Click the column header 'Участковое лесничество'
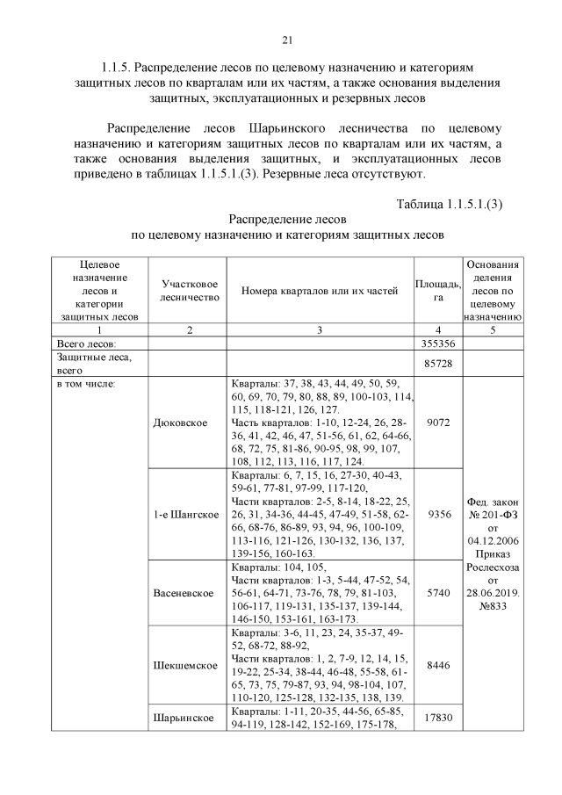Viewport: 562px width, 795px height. [x=188, y=291]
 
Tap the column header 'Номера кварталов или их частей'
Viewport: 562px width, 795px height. [x=320, y=291]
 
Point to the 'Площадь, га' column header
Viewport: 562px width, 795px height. [x=437, y=291]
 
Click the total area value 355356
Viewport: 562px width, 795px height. [x=437, y=343]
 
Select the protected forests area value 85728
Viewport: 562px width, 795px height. [x=437, y=363]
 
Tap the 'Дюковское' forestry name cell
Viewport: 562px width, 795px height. [x=181, y=423]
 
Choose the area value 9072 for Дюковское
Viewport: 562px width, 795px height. [x=437, y=423]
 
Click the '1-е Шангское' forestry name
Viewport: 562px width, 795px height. [x=187, y=514]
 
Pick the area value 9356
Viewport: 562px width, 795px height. [x=437, y=514]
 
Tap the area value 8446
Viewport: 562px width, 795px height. [x=437, y=666]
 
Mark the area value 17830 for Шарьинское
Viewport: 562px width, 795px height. [x=437, y=718]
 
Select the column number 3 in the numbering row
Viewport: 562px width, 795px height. [x=320, y=329]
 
